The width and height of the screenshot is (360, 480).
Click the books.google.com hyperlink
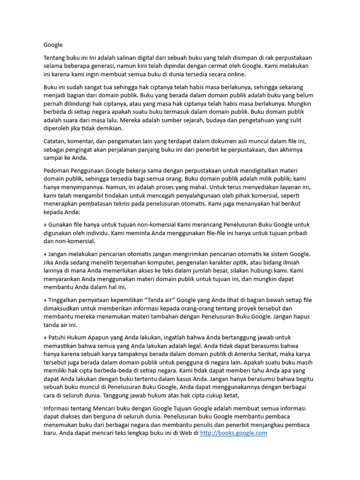[x=233, y=433]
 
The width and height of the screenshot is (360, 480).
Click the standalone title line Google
[x=53, y=45]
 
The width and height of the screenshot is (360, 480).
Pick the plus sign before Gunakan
[x=45, y=225]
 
